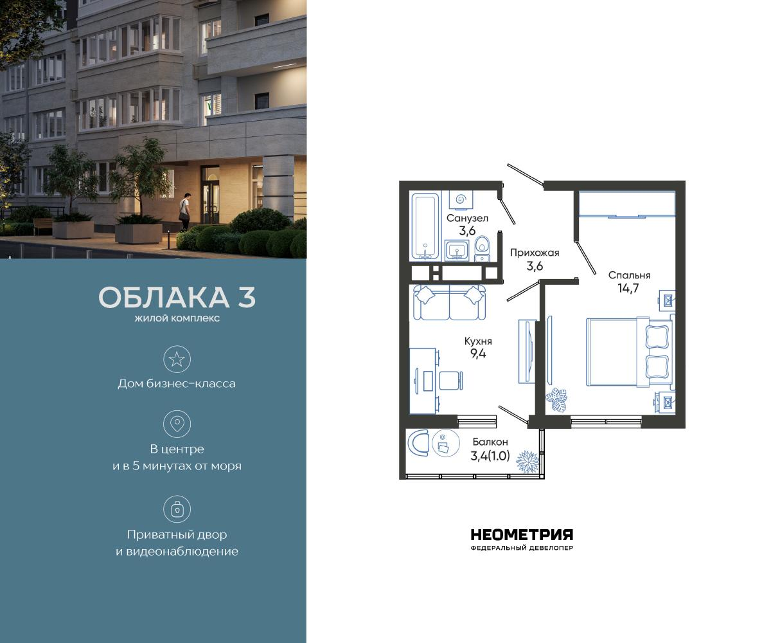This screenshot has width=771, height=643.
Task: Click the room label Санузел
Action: pyautogui.click(x=467, y=218)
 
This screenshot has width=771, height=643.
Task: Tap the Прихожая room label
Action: pyautogui.click(x=535, y=253)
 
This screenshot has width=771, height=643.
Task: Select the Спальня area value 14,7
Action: pyautogui.click(x=629, y=289)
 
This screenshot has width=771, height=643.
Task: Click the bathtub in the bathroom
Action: pyautogui.click(x=425, y=224)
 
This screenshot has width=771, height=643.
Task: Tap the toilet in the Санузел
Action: pyautogui.click(x=482, y=248)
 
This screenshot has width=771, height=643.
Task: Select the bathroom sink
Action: pyautogui.click(x=458, y=249)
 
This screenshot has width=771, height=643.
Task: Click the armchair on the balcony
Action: pyautogui.click(x=419, y=443)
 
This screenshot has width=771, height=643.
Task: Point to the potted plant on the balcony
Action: pyautogui.click(x=529, y=460)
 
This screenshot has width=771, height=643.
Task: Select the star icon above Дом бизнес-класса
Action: pyautogui.click(x=177, y=359)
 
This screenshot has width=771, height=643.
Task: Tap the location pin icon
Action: pyautogui.click(x=177, y=424)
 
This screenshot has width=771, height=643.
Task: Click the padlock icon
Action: pyautogui.click(x=177, y=510)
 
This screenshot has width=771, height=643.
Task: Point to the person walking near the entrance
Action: pyautogui.click(x=184, y=210)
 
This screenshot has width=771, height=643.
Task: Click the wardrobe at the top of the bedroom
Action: pyautogui.click(x=627, y=204)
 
